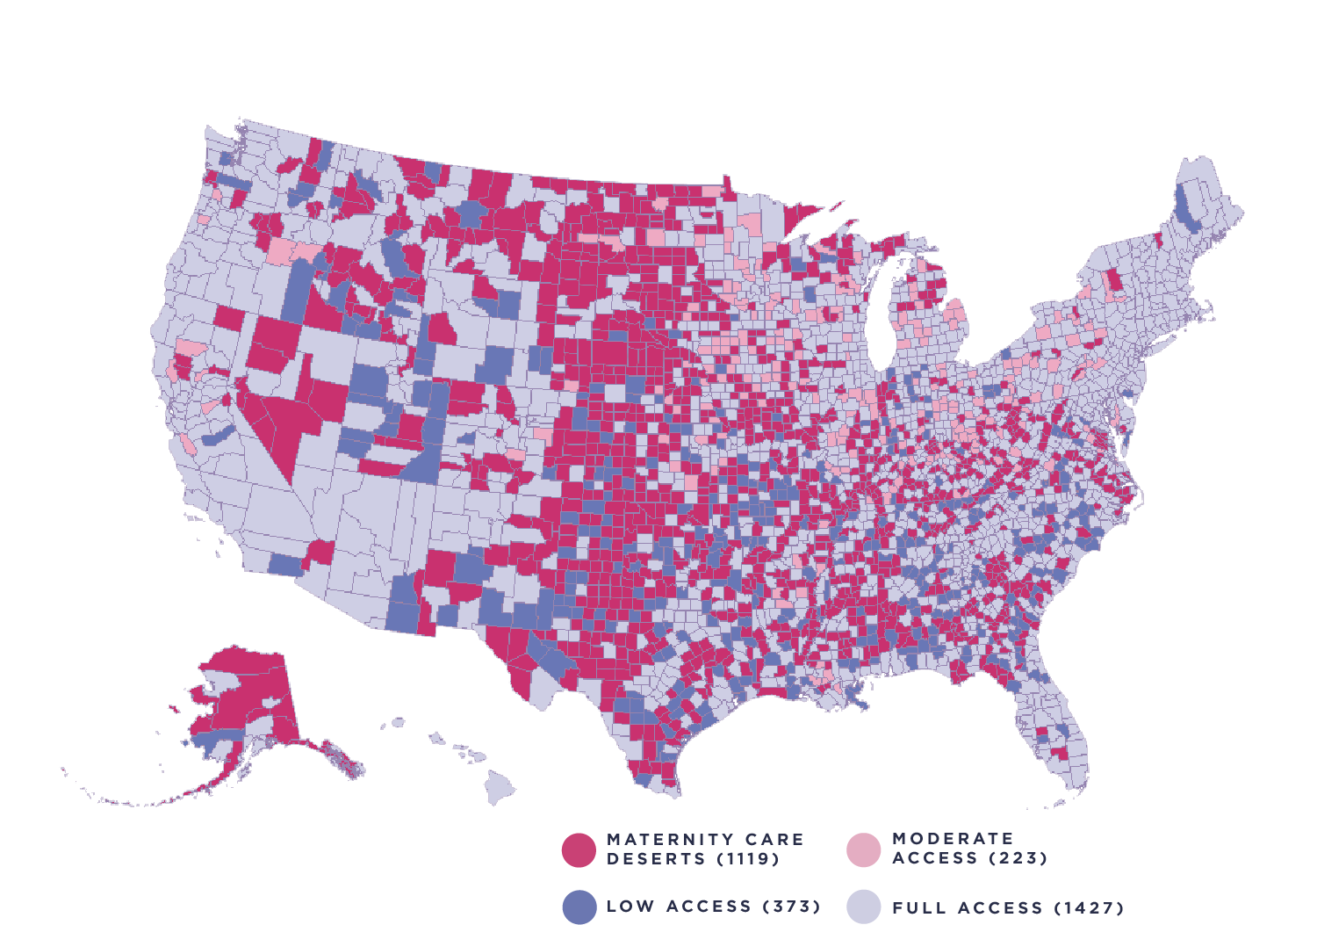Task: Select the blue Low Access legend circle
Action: (579, 907)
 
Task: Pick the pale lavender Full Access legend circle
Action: (863, 907)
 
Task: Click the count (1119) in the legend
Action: (748, 859)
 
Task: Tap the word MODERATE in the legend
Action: (953, 839)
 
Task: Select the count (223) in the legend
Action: (1018, 858)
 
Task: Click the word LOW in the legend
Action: (630, 907)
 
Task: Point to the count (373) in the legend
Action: (791, 907)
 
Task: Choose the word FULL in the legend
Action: (918, 908)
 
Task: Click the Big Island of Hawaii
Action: (501, 786)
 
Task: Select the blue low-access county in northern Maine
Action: (1186, 206)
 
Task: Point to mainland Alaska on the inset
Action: (246, 694)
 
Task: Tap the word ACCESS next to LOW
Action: (708, 907)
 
